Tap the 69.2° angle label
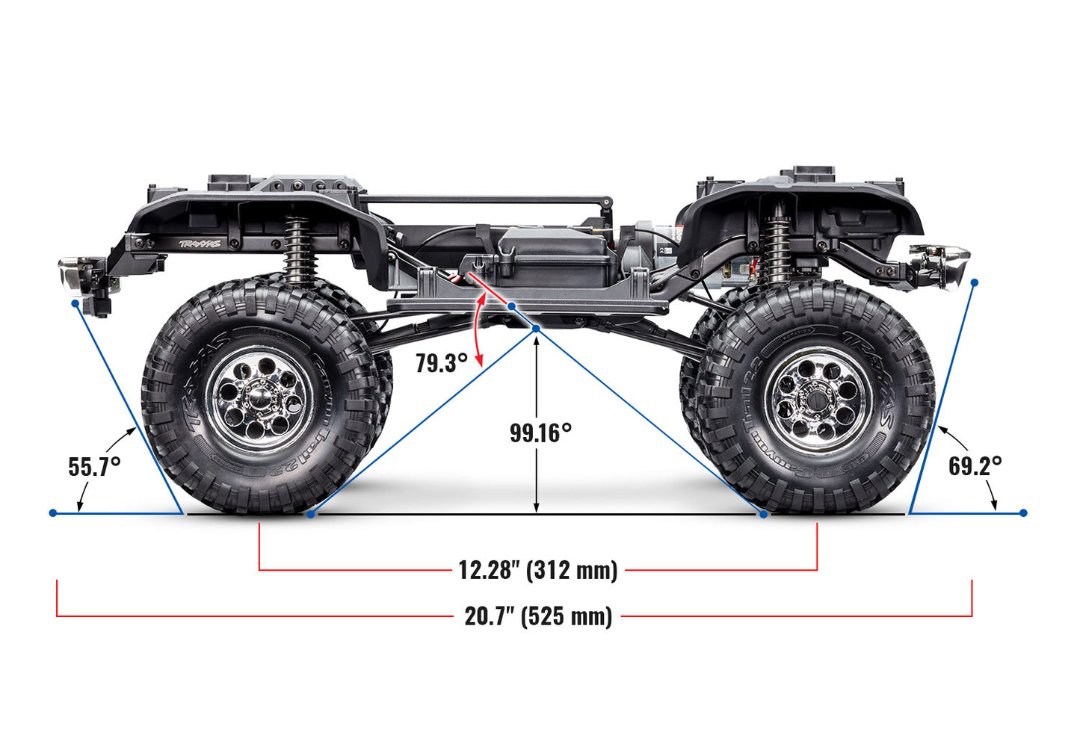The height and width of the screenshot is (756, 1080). [975, 465]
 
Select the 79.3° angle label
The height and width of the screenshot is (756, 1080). [442, 363]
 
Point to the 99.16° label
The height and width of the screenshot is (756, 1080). [540, 433]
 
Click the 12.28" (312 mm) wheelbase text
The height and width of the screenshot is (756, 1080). [537, 570]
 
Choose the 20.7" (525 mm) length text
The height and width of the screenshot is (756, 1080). [538, 616]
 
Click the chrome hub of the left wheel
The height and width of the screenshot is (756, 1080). [261, 393]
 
